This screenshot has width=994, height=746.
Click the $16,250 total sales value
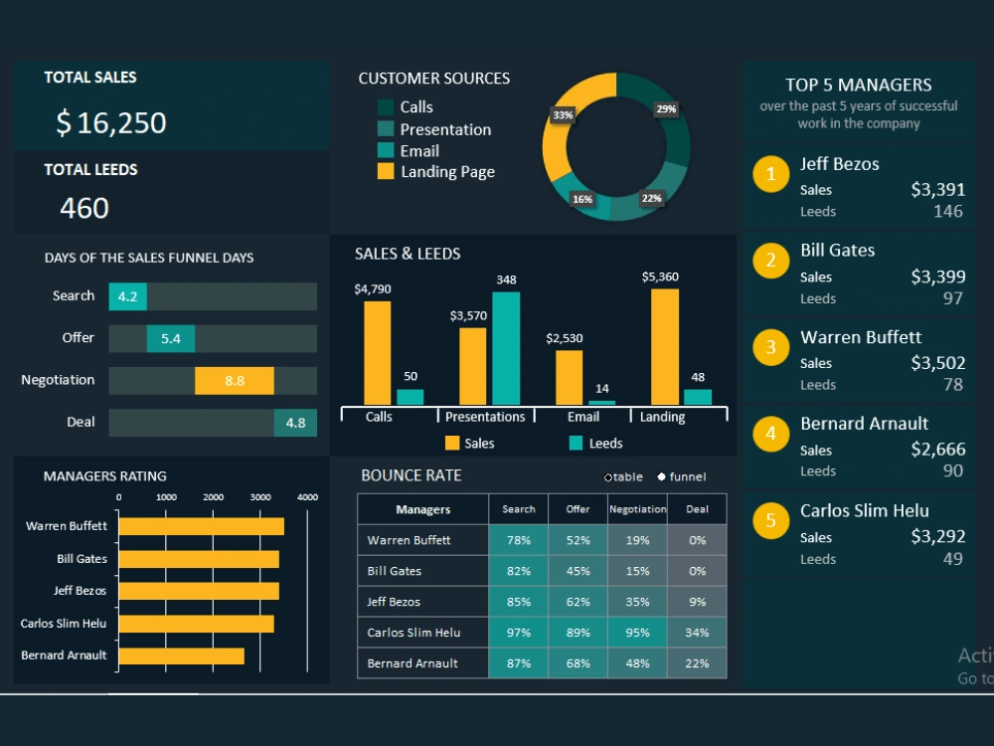click(x=110, y=123)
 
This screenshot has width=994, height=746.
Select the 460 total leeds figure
click(x=84, y=208)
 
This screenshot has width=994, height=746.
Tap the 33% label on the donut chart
click(x=563, y=115)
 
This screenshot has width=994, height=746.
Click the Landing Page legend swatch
click(x=386, y=172)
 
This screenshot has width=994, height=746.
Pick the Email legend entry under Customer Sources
click(x=418, y=151)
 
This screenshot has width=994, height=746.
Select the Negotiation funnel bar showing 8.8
click(x=235, y=381)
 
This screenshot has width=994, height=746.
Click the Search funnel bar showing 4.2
click(x=128, y=296)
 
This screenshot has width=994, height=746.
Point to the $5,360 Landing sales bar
click(x=664, y=346)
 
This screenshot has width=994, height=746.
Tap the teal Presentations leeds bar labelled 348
click(x=506, y=348)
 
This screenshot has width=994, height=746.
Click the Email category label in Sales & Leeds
click(x=583, y=417)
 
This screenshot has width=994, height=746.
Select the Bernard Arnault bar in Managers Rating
click(x=181, y=656)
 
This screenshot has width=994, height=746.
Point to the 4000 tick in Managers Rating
click(x=307, y=496)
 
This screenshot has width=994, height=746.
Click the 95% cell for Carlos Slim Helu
click(x=637, y=633)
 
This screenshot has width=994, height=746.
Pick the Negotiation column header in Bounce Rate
click(x=637, y=509)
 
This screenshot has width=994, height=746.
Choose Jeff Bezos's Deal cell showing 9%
click(x=697, y=602)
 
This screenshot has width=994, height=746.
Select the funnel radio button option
click(x=661, y=477)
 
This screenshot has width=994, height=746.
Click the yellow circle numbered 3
click(x=770, y=348)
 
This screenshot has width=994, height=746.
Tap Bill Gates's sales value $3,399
click(x=937, y=277)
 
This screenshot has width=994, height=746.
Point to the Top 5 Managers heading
click(x=858, y=86)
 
